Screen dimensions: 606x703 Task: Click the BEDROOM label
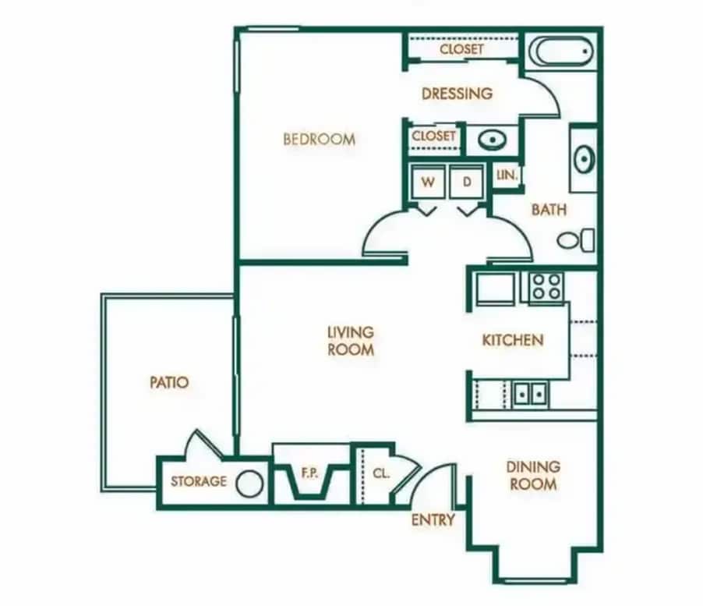click(x=319, y=140)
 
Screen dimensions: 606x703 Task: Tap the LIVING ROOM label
click(x=351, y=342)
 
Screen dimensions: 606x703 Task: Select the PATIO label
click(x=169, y=383)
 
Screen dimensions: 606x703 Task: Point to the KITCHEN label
click(x=512, y=340)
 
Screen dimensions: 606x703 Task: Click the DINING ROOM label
click(x=533, y=475)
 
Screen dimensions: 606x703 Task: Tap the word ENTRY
click(x=433, y=519)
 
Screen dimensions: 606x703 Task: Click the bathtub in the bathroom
click(x=560, y=51)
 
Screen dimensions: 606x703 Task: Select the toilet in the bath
click(x=576, y=239)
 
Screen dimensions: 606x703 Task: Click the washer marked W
click(x=428, y=183)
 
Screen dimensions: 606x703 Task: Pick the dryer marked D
click(x=467, y=183)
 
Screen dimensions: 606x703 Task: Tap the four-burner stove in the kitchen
click(x=546, y=286)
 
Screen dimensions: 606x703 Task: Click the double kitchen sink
click(x=531, y=393)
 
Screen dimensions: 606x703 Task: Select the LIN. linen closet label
click(x=507, y=175)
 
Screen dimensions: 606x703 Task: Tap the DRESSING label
click(x=457, y=94)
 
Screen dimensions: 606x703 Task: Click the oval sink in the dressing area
click(x=491, y=140)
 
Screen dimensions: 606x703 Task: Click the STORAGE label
click(x=199, y=481)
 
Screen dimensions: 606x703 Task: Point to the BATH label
click(x=549, y=210)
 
